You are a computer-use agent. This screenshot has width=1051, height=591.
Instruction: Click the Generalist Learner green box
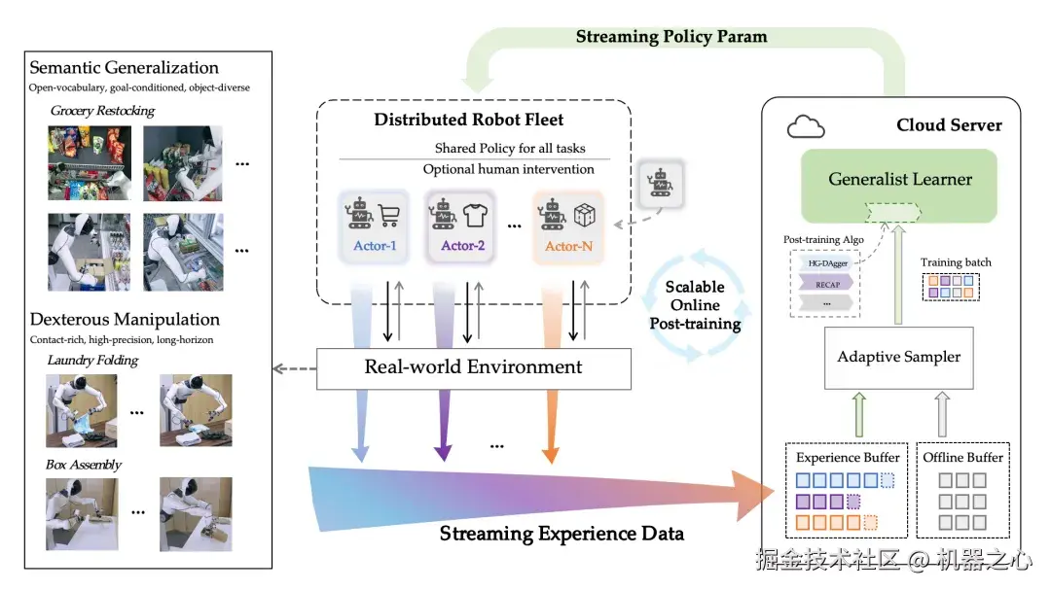pos(900,179)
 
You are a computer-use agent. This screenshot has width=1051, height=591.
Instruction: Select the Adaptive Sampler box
pos(898,357)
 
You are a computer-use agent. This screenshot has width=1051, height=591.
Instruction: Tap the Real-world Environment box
pos(473,367)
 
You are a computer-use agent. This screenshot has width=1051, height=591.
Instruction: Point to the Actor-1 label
pos(375,246)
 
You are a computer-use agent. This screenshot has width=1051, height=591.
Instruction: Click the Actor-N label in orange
pos(568,246)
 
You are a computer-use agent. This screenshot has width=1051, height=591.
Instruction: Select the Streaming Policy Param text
pos(671,37)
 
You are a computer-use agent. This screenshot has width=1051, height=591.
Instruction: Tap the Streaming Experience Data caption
pos(562,534)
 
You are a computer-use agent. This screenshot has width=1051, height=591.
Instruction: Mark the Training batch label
pos(956,262)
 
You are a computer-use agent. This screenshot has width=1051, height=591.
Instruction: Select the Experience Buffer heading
pos(848,457)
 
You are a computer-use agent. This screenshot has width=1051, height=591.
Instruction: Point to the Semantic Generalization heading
pos(124,68)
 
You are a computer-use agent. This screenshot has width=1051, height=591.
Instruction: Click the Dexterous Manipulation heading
pos(125,320)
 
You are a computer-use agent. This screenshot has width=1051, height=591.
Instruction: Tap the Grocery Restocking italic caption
pos(102,111)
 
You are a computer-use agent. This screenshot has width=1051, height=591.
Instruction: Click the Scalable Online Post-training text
pos(695,305)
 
